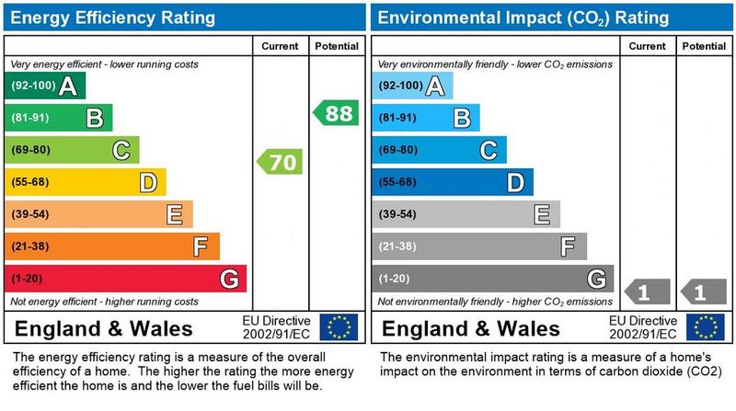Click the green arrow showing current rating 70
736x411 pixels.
pos(279,163)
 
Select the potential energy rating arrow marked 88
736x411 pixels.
pos(336,114)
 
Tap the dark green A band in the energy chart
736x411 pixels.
pos(45,86)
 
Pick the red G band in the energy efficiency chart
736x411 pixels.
pos(125,279)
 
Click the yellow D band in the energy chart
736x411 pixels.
pos(86,182)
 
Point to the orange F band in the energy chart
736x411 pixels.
pos(112,246)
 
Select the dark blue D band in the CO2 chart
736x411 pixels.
pos(453,182)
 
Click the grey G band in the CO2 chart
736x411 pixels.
pos(493,279)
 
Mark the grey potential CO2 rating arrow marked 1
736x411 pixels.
pos(704,293)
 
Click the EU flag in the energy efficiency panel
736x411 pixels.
pos(339,327)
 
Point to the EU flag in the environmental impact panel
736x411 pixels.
pos(707,327)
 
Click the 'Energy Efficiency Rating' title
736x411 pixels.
pos(112,17)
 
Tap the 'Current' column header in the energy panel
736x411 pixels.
pos(281,46)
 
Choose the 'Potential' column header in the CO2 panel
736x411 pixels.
pos(705,46)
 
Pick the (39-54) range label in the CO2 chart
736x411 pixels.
pos(398,214)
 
